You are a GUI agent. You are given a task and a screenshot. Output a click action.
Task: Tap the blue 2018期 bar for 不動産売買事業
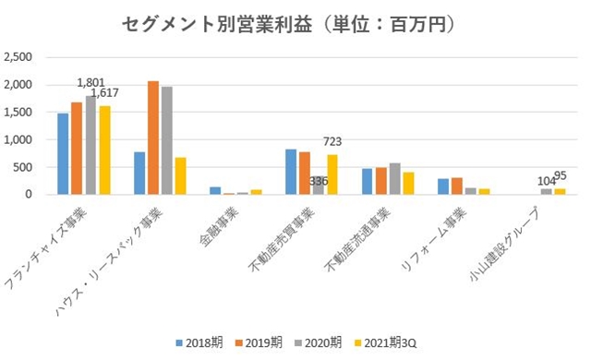(291, 172)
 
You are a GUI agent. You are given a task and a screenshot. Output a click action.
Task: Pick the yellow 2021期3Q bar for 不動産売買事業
(332, 174)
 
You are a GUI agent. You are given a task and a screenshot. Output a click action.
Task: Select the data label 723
(332, 141)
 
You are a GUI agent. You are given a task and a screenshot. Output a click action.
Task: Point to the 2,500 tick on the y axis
(19, 57)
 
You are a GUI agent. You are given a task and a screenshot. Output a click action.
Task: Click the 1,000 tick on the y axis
(19, 139)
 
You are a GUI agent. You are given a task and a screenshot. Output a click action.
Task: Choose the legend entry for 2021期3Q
(391, 341)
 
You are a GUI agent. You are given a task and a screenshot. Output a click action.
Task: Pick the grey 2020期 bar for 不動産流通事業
(395, 179)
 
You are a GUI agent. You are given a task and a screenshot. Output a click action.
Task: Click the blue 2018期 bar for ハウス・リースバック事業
(139, 174)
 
